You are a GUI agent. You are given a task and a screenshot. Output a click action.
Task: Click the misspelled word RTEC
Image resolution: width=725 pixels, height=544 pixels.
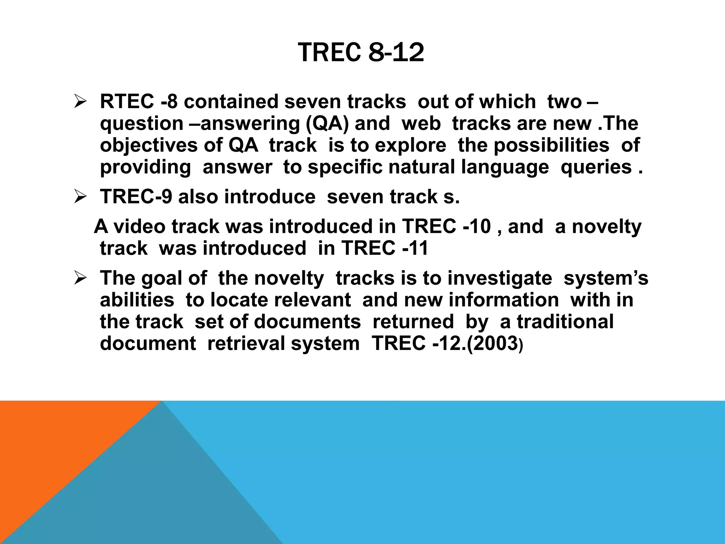pos(127,102)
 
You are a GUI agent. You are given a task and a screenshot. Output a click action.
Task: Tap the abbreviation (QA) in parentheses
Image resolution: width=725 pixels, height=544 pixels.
pos(325,124)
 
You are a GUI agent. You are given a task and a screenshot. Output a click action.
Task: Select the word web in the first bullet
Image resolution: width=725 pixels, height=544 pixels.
pos(421,124)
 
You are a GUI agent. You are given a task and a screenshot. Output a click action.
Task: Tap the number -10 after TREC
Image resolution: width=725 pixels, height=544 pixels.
pos(477,226)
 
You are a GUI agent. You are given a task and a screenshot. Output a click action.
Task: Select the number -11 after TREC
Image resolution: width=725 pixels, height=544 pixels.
pos(415,248)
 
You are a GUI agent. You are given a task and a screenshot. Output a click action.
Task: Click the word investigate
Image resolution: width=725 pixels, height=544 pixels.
pos(499,278)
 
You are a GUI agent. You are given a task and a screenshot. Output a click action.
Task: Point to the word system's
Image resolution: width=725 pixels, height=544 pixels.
pos(606,278)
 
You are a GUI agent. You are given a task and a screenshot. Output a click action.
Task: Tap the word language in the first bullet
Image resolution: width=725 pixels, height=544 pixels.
pos(505,167)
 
